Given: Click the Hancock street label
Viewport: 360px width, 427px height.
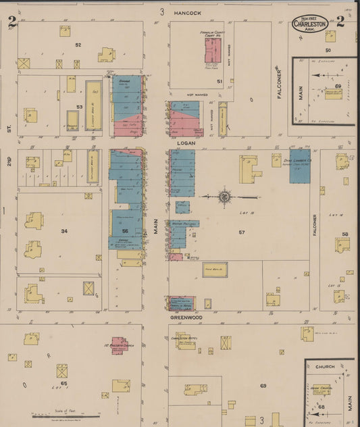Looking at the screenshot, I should click(188, 13).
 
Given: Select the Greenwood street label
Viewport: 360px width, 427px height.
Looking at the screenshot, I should click(186, 316).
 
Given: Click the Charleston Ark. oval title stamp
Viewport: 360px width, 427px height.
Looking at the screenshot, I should click(310, 23).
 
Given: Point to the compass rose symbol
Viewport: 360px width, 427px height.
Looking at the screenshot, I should click(224, 197).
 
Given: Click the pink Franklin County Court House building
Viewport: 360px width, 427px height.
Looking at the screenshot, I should click(213, 51).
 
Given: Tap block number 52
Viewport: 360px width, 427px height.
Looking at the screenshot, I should click(78, 45).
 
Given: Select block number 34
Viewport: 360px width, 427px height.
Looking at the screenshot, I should click(64, 231).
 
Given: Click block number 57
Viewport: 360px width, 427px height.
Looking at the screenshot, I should click(241, 232).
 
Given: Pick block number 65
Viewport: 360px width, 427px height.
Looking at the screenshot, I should click(64, 383).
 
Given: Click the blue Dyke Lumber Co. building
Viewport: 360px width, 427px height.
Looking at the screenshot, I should click(300, 170).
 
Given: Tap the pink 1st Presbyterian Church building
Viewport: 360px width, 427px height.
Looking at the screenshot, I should click(119, 345).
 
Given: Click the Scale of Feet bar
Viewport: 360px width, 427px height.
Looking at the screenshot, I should click(64, 415).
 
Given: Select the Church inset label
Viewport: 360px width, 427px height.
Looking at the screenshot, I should click(326, 366).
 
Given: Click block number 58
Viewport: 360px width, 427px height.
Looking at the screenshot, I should click(345, 234).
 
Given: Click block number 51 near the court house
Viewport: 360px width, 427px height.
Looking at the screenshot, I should click(220, 81).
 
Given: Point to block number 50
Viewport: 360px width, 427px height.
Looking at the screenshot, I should click(329, 50).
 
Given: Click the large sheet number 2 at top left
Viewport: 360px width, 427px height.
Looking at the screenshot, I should click(11, 21).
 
